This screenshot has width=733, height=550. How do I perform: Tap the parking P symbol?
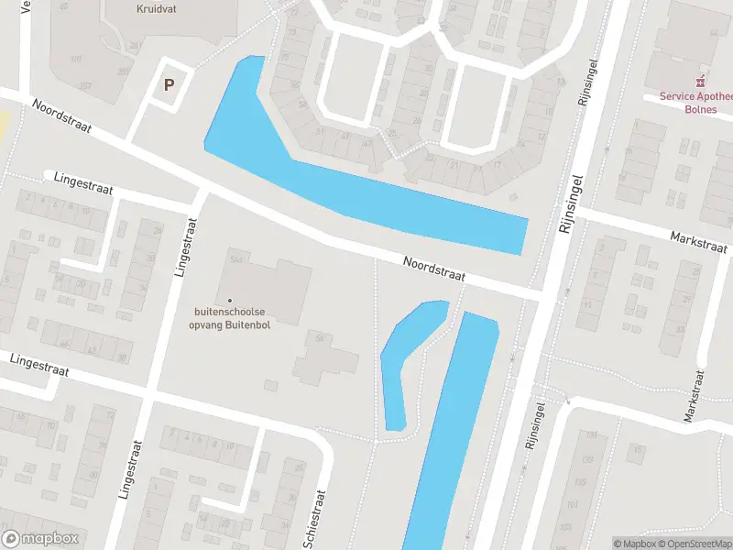(169, 84)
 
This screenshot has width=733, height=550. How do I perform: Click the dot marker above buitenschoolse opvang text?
(230, 300)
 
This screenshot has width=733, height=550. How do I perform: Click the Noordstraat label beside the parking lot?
(61, 116)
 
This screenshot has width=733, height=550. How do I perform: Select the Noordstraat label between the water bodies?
(434, 269)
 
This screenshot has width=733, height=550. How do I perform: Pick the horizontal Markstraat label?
(698, 242)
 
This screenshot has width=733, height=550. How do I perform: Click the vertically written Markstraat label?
(694, 395)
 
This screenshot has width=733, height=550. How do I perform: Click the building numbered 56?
(326, 361)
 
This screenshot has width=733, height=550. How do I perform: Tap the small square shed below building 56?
(270, 385)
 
